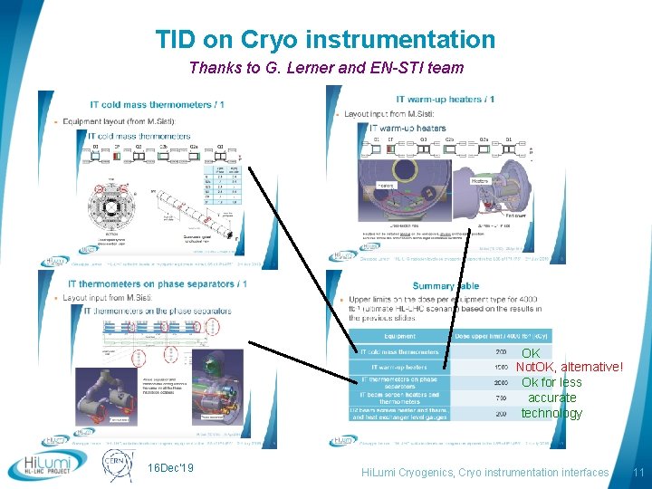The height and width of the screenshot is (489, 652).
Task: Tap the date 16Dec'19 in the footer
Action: (169, 467)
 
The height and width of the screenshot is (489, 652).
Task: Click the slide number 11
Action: (638, 473)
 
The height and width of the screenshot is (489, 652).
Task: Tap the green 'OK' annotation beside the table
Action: (532, 352)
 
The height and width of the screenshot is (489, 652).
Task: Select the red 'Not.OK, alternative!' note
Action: (569, 367)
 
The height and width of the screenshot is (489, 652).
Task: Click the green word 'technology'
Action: (551, 413)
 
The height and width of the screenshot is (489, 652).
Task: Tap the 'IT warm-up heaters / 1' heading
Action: (446, 98)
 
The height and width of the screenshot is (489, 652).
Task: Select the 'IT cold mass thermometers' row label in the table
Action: (399, 351)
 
